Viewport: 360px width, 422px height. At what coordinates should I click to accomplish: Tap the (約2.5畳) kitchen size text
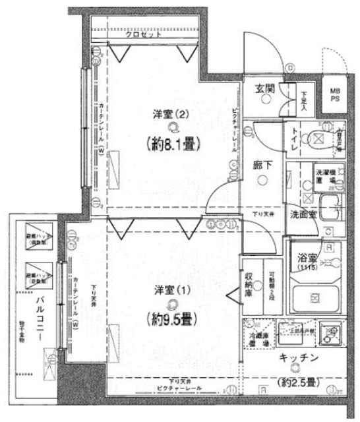(x=297, y=383)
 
